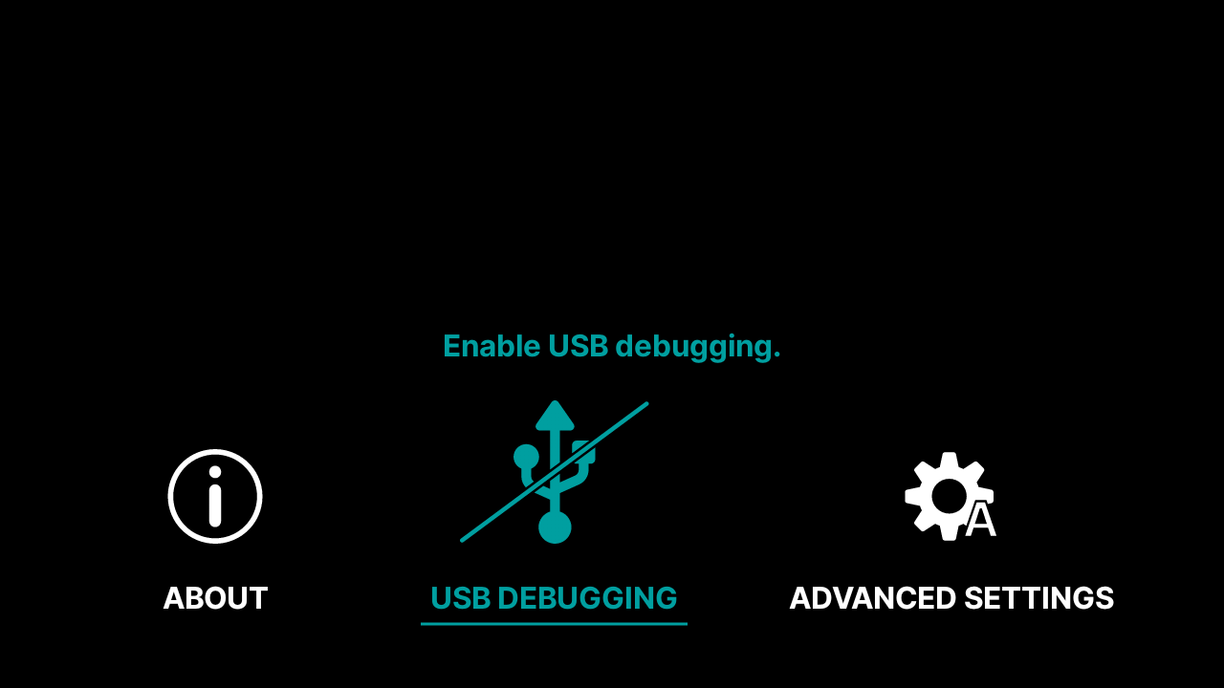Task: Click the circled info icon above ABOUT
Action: pyautogui.click(x=215, y=496)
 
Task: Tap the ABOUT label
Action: pyautogui.click(x=215, y=598)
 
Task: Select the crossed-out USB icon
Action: pyautogui.click(x=555, y=472)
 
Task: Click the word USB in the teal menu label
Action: pyautogui.click(x=460, y=598)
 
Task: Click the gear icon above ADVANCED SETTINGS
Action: pyautogui.click(x=948, y=496)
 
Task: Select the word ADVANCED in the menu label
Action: pyautogui.click(x=872, y=598)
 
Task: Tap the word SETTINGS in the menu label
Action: pyautogui.click(x=1038, y=598)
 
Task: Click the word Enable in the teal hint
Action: pyautogui.click(x=492, y=346)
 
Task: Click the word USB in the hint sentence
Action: pyautogui.click(x=578, y=346)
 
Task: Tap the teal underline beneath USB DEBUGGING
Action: pyautogui.click(x=554, y=624)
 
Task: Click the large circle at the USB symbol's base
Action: pyautogui.click(x=555, y=527)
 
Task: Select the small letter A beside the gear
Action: pyautogui.click(x=980, y=521)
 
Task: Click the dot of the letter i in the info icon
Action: pyautogui.click(x=215, y=472)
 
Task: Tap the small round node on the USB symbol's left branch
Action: pyautogui.click(x=526, y=457)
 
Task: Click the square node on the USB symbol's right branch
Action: pyautogui.click(x=583, y=451)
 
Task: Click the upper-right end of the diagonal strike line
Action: pyautogui.click(x=645, y=404)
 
